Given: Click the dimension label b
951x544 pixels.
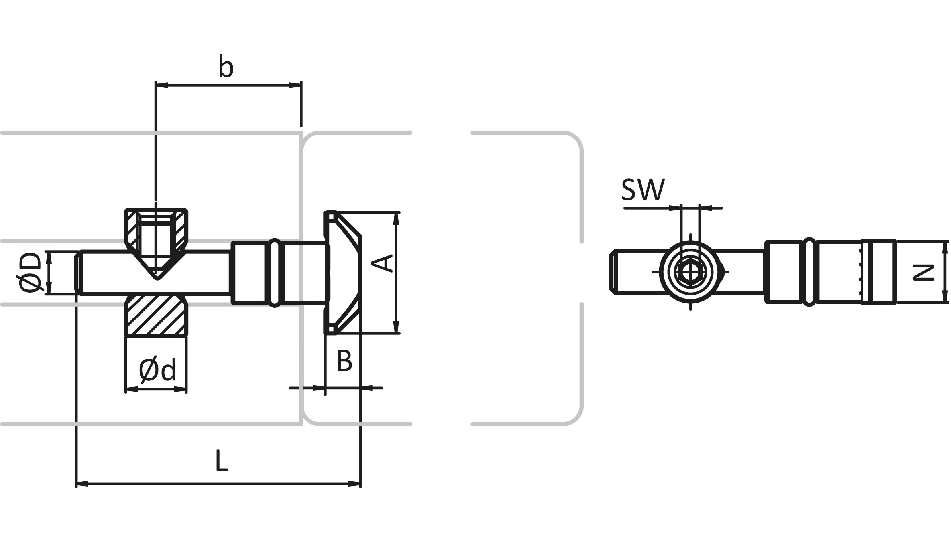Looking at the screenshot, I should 226,67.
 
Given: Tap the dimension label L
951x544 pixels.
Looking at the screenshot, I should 221,461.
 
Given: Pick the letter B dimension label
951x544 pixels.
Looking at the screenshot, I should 344,361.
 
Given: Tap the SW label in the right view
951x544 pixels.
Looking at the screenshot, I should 643,190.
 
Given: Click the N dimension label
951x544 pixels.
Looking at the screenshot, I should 924,273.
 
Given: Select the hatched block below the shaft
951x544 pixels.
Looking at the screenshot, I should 156,315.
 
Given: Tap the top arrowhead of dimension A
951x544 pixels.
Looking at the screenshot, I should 396,218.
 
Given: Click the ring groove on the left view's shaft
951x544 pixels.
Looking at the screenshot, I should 275,273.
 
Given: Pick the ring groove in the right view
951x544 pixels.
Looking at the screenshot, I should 809,273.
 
